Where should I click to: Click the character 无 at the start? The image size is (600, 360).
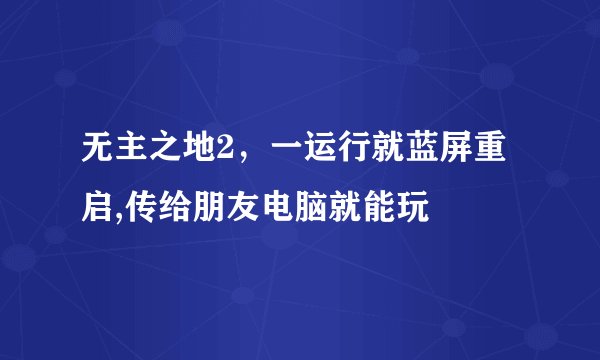(x=99, y=158)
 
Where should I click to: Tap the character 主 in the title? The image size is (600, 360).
(x=132, y=158)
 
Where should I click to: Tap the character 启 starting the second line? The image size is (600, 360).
(x=99, y=209)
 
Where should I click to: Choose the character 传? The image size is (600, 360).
(x=143, y=209)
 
